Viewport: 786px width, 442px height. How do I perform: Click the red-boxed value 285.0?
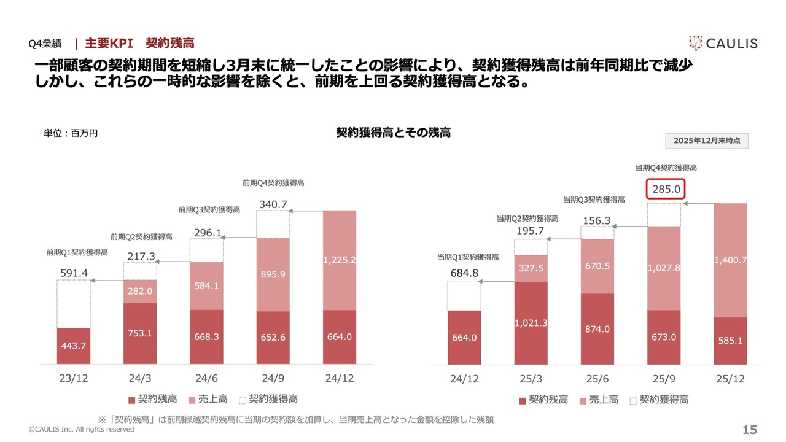coord(666,189)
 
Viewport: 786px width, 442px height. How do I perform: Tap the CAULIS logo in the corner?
coord(723,43)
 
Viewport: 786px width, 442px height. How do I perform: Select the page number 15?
coord(750,430)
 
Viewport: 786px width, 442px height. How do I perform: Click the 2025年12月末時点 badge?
coord(707,141)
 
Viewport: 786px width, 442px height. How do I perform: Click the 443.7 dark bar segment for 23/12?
coord(73,346)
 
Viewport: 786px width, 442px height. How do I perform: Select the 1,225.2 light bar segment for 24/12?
coord(340,260)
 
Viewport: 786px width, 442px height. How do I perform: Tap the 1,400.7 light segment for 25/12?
coord(731,260)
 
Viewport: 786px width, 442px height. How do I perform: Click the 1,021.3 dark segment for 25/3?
coord(531,322)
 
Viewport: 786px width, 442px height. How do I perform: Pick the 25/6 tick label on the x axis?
coord(597,379)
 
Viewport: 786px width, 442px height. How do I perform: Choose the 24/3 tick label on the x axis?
coord(140,378)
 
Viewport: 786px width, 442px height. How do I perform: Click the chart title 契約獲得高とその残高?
coord(393,132)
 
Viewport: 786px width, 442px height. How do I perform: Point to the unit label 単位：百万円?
coord(71,133)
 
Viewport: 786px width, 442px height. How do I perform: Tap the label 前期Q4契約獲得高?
coord(273,183)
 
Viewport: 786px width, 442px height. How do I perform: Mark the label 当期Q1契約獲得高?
coord(468,257)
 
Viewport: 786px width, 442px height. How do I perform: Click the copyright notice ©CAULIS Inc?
coord(82,430)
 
